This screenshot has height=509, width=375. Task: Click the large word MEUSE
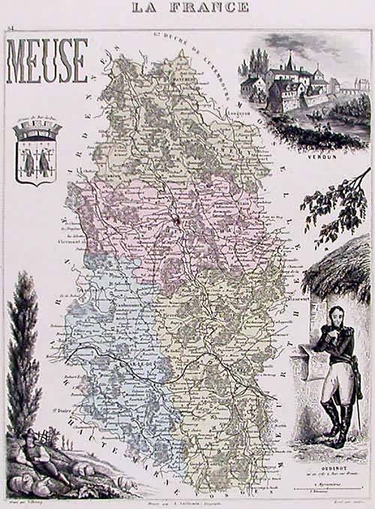[47, 61]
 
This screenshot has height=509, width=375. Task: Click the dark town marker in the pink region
[175, 220]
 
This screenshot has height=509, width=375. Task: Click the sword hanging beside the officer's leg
[352, 390]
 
